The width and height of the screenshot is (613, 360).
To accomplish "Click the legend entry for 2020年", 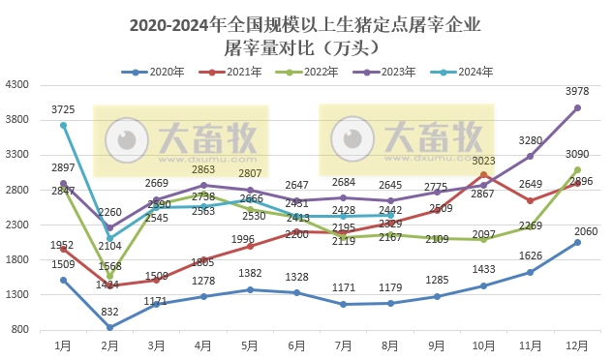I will (x=160, y=72).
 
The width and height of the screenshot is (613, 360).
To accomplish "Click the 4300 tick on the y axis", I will (x=19, y=85).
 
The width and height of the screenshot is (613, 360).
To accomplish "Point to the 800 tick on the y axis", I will (x=22, y=330).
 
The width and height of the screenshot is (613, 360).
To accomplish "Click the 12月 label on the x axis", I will (x=577, y=344).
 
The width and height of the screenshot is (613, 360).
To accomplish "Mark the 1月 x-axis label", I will (x=63, y=344).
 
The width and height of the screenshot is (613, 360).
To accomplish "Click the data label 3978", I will (x=577, y=92).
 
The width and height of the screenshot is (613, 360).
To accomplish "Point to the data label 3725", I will (x=64, y=109).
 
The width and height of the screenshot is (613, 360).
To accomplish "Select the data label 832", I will (x=108, y=312).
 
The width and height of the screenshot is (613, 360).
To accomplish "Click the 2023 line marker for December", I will (x=577, y=108).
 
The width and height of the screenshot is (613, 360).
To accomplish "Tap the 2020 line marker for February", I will (x=108, y=327).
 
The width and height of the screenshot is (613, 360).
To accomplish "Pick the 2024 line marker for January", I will (x=63, y=126).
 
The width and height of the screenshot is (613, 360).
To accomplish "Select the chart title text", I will (x=306, y=36).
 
